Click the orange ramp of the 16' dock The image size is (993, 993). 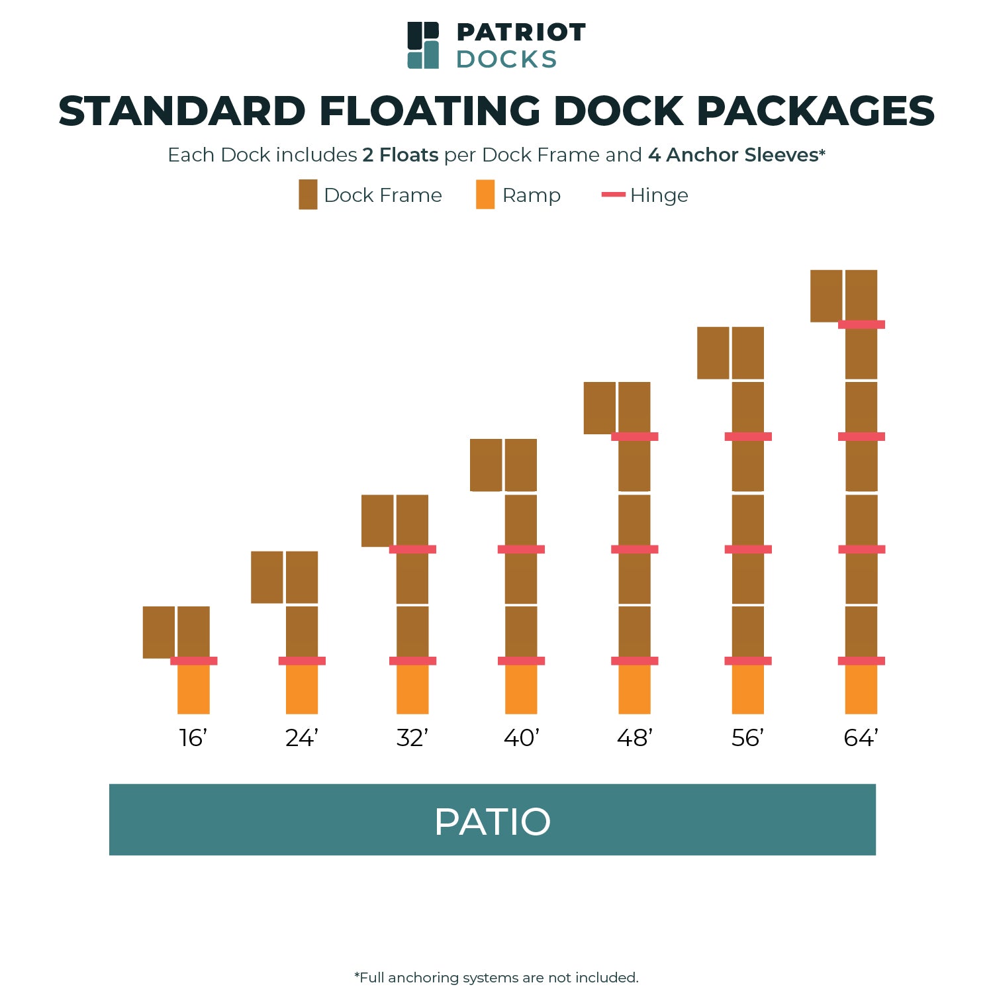pyautogui.click(x=193, y=689)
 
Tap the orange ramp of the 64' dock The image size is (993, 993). pyautogui.click(x=861, y=689)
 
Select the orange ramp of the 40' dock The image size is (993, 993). pyautogui.click(x=521, y=689)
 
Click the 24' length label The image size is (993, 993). pyautogui.click(x=302, y=737)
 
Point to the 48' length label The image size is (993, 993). pyautogui.click(x=635, y=737)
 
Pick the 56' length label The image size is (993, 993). pyautogui.click(x=748, y=737)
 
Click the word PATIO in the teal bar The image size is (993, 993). pyautogui.click(x=493, y=822)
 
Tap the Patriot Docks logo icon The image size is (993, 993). pyautogui.click(x=423, y=45)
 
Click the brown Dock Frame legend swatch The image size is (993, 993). pyautogui.click(x=308, y=195)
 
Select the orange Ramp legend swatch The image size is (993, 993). pyautogui.click(x=485, y=195)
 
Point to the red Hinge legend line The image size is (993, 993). pyautogui.click(x=613, y=195)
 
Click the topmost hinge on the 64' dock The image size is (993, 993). pyautogui.click(x=861, y=324)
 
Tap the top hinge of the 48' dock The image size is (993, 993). pyautogui.click(x=635, y=436)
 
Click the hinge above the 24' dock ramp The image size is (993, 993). pyautogui.click(x=302, y=661)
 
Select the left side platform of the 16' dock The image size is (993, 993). pyautogui.click(x=159, y=632)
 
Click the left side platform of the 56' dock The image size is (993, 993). pyautogui.click(x=713, y=353)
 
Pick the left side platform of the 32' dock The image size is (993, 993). pyautogui.click(x=377, y=521)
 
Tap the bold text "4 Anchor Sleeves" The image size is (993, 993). pyautogui.click(x=733, y=155)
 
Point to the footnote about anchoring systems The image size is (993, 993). pyautogui.click(x=496, y=978)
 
